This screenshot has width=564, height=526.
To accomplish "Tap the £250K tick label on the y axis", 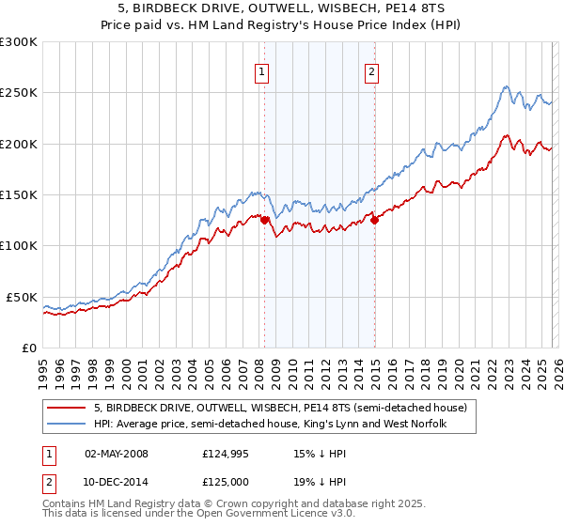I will (x=19, y=93).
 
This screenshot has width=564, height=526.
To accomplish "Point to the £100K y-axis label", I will (x=19, y=245).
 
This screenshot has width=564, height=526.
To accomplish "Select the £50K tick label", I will (x=23, y=297).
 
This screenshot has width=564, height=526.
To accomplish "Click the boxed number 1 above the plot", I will (x=260, y=71).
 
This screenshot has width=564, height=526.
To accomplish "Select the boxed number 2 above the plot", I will (x=371, y=71).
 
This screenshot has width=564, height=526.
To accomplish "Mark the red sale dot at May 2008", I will (x=265, y=221).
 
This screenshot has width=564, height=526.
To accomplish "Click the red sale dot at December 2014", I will (x=375, y=221).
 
